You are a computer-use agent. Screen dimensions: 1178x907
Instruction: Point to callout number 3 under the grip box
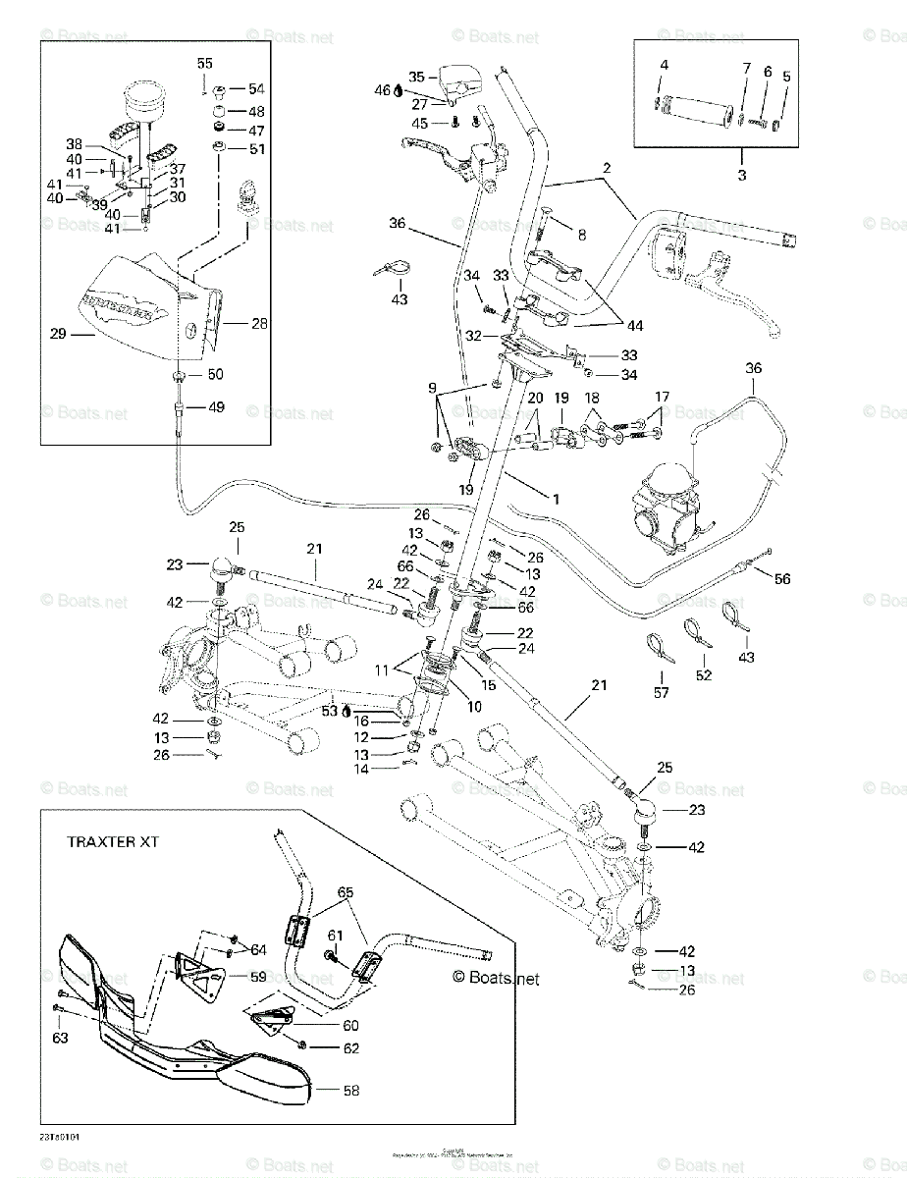(741, 176)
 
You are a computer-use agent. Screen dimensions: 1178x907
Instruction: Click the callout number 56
(782, 580)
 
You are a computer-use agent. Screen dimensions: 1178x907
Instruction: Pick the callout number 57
(661, 693)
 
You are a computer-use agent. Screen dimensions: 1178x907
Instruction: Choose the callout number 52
(703, 675)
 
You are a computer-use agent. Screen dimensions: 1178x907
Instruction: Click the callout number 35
(416, 77)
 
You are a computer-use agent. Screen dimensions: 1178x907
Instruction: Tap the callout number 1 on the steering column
(556, 499)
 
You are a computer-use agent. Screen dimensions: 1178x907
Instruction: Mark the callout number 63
(61, 1038)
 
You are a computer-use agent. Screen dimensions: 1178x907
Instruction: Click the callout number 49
(215, 407)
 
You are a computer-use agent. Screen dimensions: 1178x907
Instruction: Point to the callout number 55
(204, 63)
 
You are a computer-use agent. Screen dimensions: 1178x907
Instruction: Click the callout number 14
(361, 771)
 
